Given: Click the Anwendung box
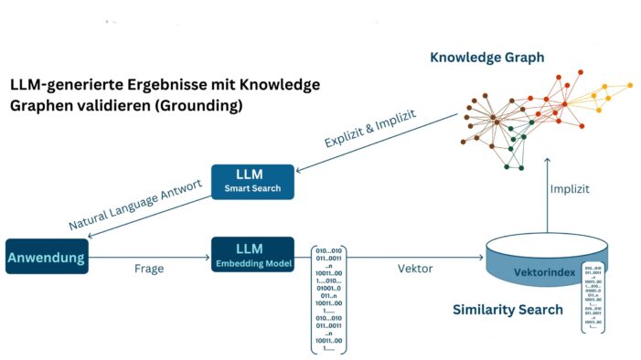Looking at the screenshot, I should (46, 258).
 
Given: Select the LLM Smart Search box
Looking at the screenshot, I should (252, 182).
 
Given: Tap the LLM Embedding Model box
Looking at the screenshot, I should (252, 255).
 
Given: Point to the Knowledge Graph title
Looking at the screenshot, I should (486, 58).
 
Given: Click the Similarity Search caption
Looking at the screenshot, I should (507, 310).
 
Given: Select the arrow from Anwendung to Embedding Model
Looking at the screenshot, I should (151, 258).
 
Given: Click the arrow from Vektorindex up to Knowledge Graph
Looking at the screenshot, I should (547, 196).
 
